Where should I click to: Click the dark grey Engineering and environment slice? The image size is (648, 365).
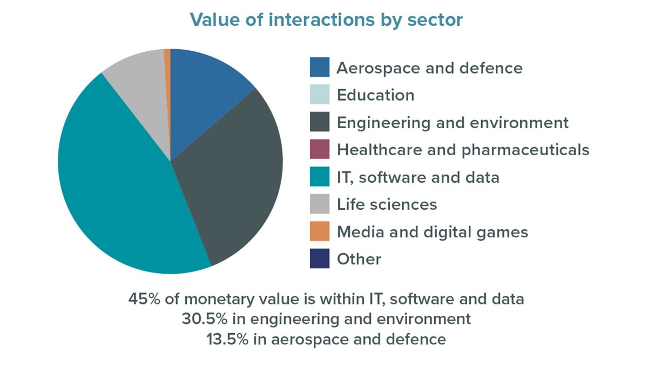(232, 173)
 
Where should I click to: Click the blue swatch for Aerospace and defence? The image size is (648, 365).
(320, 68)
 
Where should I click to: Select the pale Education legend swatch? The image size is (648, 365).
(320, 95)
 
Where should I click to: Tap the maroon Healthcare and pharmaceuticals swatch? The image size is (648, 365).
(320, 149)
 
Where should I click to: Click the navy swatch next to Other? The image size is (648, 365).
(320, 259)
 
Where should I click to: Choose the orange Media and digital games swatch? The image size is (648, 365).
(320, 231)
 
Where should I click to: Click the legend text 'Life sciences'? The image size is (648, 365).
(387, 204)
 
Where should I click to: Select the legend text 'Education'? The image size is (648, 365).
(375, 95)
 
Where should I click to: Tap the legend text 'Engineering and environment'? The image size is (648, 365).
(453, 123)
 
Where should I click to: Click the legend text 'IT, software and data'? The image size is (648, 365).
(418, 177)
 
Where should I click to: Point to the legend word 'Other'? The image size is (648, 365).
(359, 259)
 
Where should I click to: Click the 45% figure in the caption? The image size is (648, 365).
(143, 298)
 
